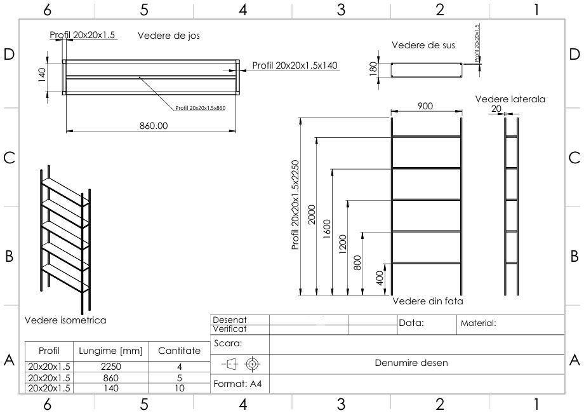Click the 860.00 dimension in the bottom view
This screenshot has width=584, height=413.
pos(154,126)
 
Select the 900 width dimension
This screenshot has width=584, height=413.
pos(425,106)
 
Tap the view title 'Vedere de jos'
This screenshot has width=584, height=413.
pos(169,36)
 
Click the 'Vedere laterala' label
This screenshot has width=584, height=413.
pos(510,99)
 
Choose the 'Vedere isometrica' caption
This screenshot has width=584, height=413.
pos(65,320)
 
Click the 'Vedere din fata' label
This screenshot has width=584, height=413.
pos(428,301)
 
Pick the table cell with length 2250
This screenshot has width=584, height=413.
pos(110,366)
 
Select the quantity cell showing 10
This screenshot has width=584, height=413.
pos(179,388)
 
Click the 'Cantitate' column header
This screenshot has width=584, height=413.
pos(179,351)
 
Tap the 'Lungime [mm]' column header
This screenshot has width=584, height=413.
pos(110,351)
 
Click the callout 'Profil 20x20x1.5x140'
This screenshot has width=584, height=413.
pos(295,65)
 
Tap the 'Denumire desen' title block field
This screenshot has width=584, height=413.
pos(416,363)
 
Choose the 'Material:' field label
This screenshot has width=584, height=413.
pos(478,323)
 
